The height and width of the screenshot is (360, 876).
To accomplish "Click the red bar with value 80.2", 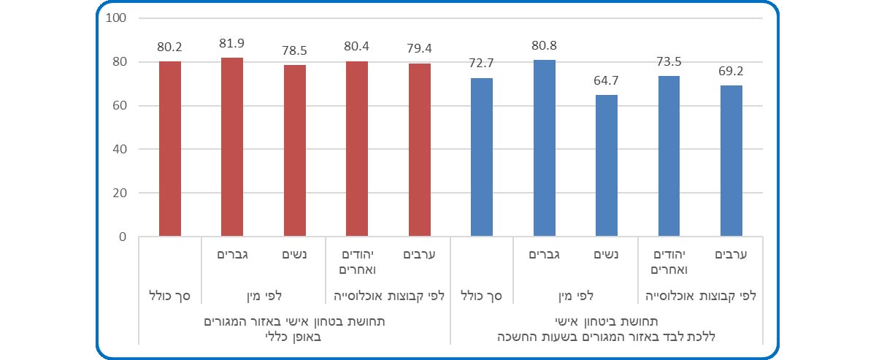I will pos(169,149).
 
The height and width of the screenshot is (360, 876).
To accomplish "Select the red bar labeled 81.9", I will pos(232,147).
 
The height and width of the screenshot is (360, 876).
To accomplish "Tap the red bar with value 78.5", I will pos(295,150).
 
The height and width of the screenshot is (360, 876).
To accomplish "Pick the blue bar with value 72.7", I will pos(482,157).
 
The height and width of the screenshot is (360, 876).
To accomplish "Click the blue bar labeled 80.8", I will pos(544,148).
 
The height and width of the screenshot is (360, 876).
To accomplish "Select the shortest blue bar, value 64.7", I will pos(607,166).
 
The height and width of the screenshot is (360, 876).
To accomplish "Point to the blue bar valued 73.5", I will pos(669,156).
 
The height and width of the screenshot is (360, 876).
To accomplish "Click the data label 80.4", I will pos(358,47).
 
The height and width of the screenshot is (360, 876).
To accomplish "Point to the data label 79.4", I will pos(420,50).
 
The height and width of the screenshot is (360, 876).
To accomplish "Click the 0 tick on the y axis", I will pos(123,237).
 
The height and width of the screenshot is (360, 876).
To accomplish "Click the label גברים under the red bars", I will pos(232,255).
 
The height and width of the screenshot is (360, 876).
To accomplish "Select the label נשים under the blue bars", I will pos(607,255).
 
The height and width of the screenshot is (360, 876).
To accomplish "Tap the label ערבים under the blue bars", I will pos(731,255).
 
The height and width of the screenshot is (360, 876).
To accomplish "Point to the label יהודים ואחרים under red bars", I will pos(358,261).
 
